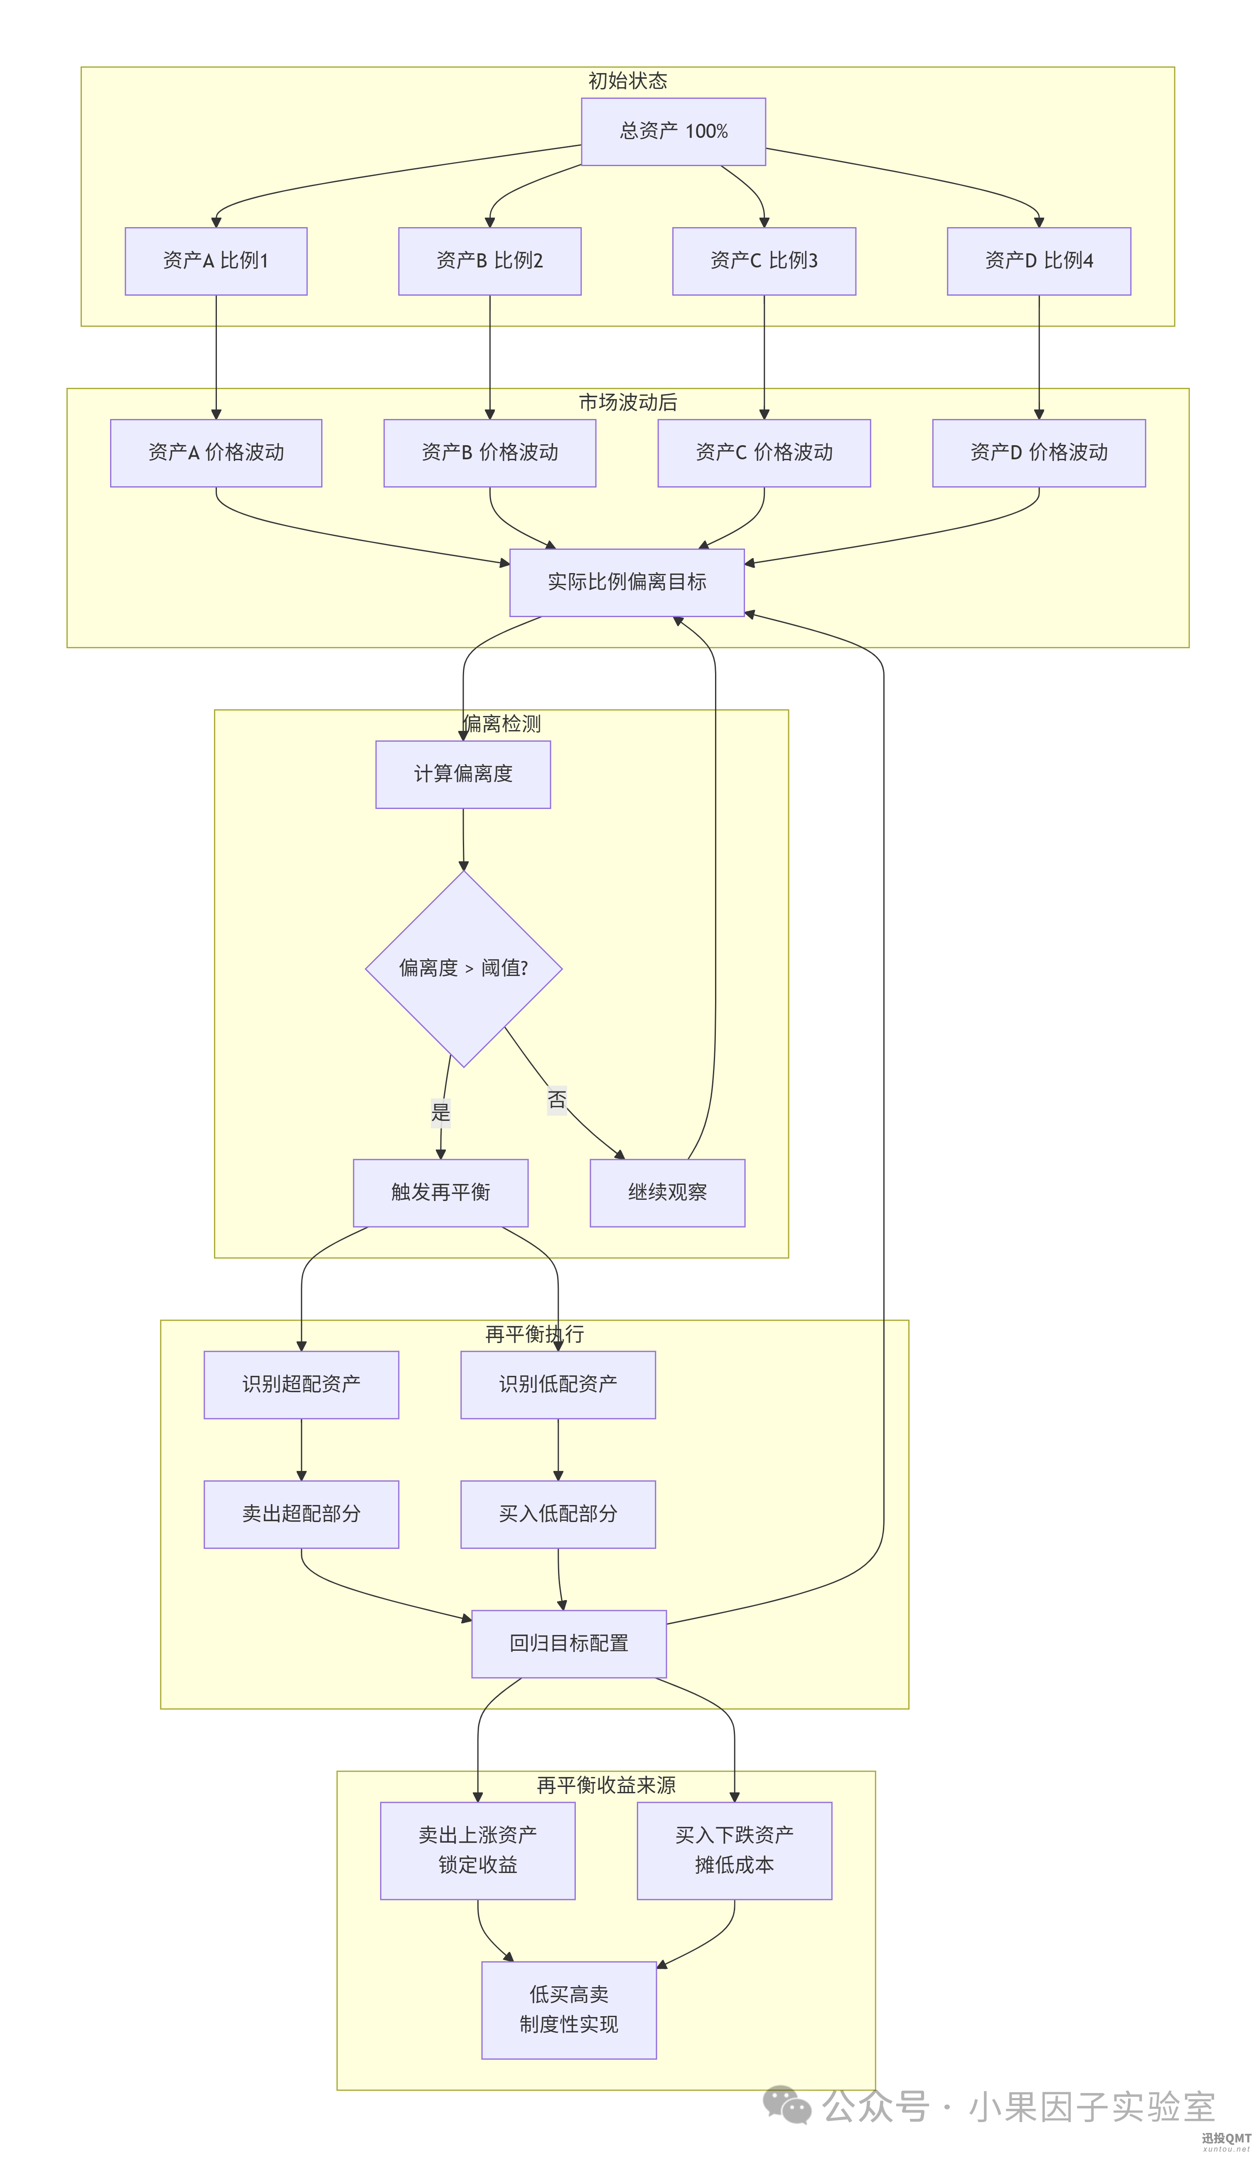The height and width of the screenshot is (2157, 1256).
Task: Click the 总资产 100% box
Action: pyautogui.click(x=673, y=131)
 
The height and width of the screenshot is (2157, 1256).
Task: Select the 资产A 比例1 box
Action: pyautogui.click(x=216, y=261)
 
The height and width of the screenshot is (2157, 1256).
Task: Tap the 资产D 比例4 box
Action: pyautogui.click(x=1039, y=261)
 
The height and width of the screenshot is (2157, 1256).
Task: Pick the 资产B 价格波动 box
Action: pyautogui.click(x=490, y=453)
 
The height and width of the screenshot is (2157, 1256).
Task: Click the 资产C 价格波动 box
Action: pyautogui.click(x=764, y=453)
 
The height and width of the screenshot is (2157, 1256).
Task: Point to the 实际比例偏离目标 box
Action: pyautogui.click(x=627, y=582)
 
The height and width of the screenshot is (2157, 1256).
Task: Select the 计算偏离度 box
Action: pyautogui.click(x=463, y=774)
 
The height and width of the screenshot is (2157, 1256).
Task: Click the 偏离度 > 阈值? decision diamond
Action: pyautogui.click(x=463, y=968)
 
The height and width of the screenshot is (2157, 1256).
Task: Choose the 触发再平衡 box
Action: pyautogui.click(x=441, y=1192)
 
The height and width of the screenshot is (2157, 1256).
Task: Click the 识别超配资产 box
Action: pyautogui.click(x=301, y=1384)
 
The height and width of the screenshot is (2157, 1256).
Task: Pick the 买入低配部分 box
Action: pyautogui.click(x=558, y=1513)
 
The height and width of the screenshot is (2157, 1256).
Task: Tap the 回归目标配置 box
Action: pyautogui.click(x=569, y=1643)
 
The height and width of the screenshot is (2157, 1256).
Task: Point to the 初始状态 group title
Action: pyautogui.click(x=627, y=81)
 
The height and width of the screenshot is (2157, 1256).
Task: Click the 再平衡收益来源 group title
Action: pyautogui.click(x=606, y=1784)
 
